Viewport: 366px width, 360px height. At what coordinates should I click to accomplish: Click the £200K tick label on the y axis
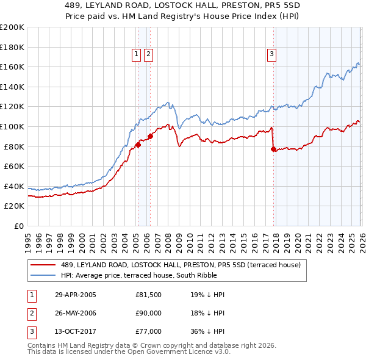pos(12,27)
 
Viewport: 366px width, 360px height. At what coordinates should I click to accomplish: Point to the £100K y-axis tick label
pos(12,127)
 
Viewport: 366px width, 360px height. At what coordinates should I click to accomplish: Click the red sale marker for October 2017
pos(273,149)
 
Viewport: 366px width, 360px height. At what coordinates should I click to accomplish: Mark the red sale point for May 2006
pos(150,136)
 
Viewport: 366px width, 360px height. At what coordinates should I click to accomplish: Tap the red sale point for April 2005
pos(138,145)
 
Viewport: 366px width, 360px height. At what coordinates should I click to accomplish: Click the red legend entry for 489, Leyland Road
pos(181,265)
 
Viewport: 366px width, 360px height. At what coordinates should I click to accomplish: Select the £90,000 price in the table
pos(148,313)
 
